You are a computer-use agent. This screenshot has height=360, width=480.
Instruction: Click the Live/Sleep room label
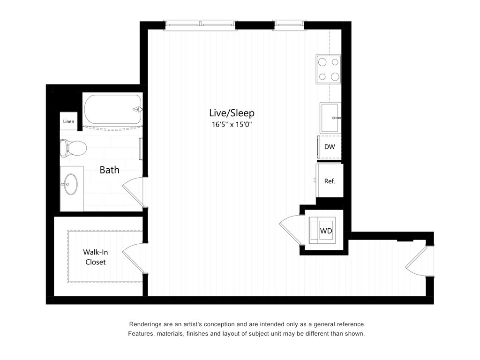(x=232, y=113)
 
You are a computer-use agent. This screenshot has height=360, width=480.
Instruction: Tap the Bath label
(x=110, y=170)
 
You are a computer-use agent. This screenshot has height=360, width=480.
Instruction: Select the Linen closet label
(x=68, y=121)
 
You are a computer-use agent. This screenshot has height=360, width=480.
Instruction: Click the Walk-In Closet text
(x=96, y=257)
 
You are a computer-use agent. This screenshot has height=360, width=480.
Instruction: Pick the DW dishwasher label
(x=330, y=147)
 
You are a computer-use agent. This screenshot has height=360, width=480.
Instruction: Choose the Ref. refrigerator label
(x=330, y=181)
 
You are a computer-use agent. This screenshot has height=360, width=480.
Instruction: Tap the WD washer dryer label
(x=326, y=231)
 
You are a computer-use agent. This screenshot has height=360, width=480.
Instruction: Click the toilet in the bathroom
(x=73, y=148)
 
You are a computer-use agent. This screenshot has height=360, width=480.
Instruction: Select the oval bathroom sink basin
(x=71, y=184)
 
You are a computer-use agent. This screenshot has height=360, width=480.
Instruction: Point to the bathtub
(x=112, y=109)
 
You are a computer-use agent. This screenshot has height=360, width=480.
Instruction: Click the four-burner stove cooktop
(x=329, y=69)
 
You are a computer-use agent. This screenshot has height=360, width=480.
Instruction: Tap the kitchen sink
(x=330, y=118)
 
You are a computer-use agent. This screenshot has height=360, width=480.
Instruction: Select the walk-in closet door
(x=133, y=258)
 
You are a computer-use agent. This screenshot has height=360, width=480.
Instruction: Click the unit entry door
(x=416, y=261)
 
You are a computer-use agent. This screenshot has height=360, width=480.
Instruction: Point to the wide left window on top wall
(x=200, y=25)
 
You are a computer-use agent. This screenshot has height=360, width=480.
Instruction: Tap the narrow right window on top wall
(x=289, y=25)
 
